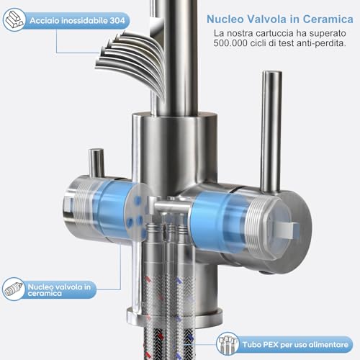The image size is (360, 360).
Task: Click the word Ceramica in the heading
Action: pyautogui.click(x=328, y=19)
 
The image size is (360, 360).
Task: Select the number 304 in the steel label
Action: pyautogui.click(x=117, y=20)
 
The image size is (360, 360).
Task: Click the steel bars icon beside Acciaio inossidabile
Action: pyautogui.click(x=14, y=19)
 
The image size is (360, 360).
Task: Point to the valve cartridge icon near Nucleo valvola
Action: pyautogui.click(x=14, y=289)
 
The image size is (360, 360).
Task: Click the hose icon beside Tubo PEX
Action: pyautogui.click(x=228, y=344)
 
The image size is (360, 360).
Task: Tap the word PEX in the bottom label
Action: pyautogui.click(x=271, y=345)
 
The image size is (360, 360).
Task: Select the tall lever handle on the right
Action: pyautogui.click(x=271, y=132)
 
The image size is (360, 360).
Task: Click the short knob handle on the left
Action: pyautogui.click(x=96, y=163)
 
